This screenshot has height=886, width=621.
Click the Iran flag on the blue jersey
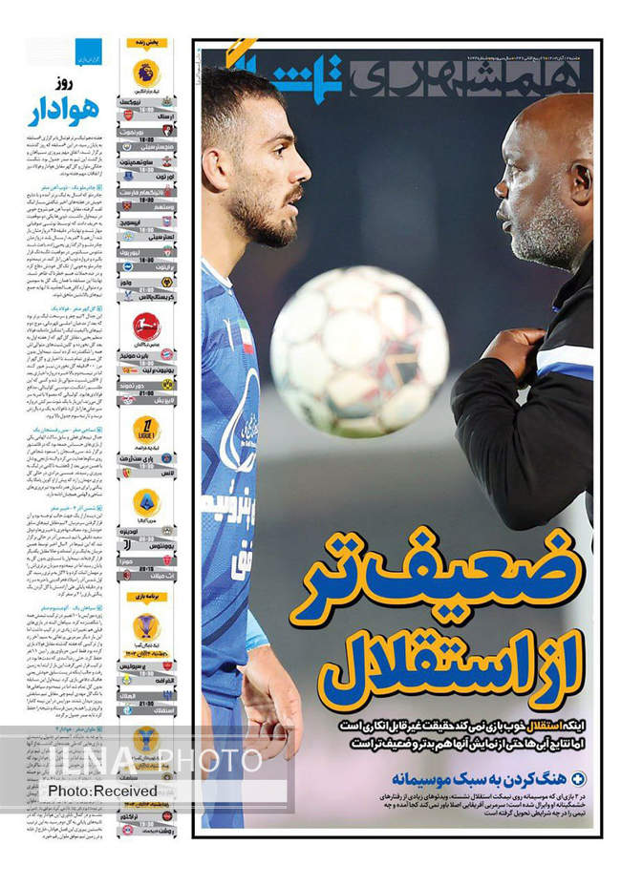pos(246,337)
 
